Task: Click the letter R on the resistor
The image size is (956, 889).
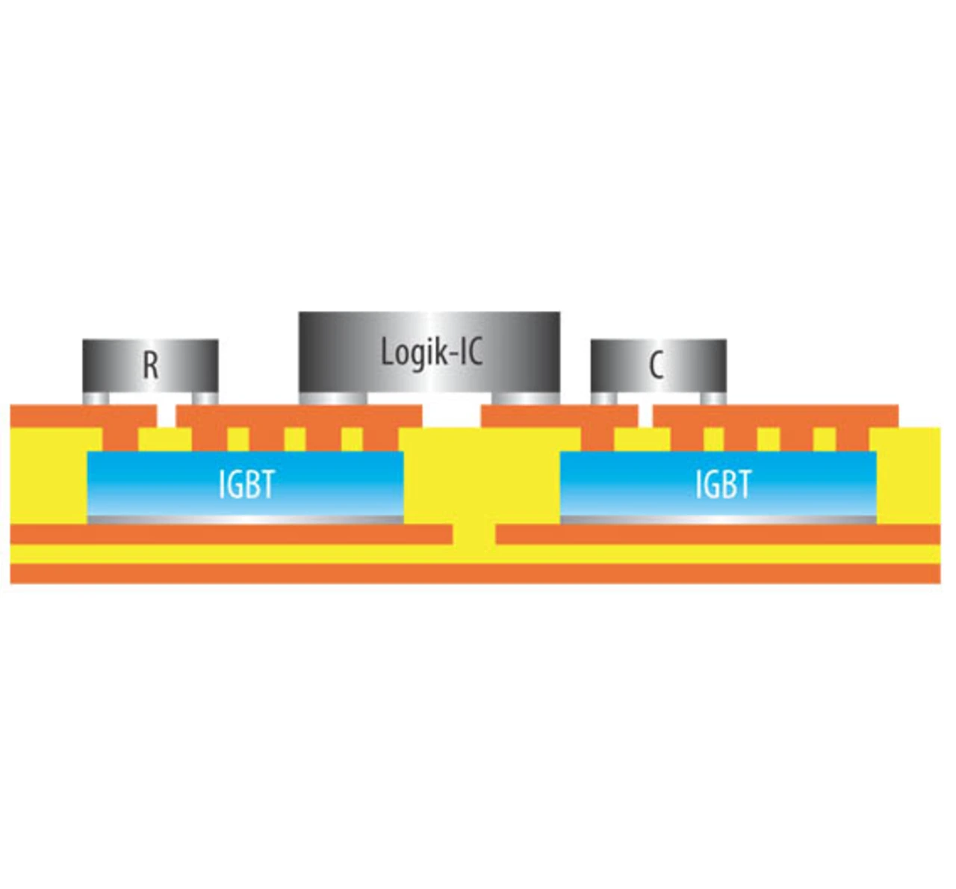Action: (150, 366)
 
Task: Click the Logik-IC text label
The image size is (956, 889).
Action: (431, 352)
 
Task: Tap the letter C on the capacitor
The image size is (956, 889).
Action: (657, 367)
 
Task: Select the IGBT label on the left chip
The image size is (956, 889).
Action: (246, 486)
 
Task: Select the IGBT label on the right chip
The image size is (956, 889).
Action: (722, 485)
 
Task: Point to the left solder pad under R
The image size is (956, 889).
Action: (96, 399)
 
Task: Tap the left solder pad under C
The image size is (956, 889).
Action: (604, 399)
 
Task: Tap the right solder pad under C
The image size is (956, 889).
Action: (713, 399)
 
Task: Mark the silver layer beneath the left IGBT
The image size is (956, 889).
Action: (246, 519)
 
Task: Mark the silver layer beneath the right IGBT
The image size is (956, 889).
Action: (718, 519)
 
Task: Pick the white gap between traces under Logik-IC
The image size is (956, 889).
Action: (452, 412)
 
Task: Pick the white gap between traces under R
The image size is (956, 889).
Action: (167, 414)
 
